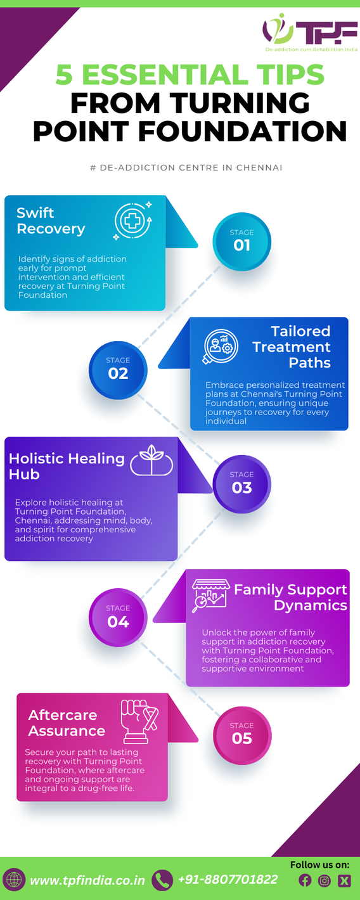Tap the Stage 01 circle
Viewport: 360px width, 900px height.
click(x=242, y=242)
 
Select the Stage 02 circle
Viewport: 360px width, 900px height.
click(x=118, y=370)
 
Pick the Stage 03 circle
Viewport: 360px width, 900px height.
click(x=242, y=484)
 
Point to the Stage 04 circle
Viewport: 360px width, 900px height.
click(x=118, y=617)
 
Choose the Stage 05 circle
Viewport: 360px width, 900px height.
click(x=242, y=735)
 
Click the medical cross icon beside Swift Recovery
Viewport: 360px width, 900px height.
click(x=133, y=221)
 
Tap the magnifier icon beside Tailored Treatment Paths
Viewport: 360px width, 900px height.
click(x=220, y=346)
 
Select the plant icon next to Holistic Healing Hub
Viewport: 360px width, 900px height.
click(x=151, y=460)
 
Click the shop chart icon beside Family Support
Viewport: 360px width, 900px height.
click(x=210, y=595)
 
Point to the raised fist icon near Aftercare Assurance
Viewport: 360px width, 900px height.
click(x=139, y=721)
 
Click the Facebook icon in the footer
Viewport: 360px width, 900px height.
click(x=305, y=880)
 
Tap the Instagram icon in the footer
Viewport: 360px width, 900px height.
click(x=325, y=881)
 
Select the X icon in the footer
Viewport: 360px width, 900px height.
click(x=344, y=881)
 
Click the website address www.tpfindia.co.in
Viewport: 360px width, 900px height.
click(x=87, y=880)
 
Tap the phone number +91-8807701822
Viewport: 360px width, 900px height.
click(x=228, y=879)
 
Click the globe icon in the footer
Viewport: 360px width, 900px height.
click(x=14, y=879)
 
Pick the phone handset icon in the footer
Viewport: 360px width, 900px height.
click(x=162, y=880)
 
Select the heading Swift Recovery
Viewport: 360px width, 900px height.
click(x=51, y=221)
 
